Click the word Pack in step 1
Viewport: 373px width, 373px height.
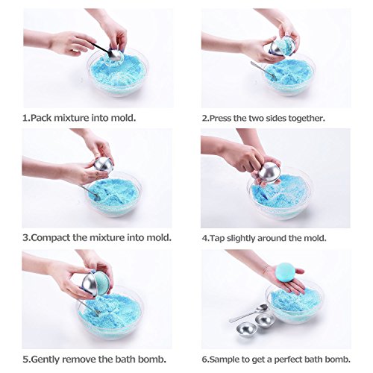point(41,118)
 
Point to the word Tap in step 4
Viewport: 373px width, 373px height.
point(217,238)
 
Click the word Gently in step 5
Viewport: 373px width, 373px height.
point(46,360)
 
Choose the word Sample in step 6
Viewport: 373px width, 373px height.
point(225,360)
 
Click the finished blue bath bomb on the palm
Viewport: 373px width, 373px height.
point(285,273)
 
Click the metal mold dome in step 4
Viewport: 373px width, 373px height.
point(269,172)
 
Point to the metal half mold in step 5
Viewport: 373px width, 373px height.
point(91,285)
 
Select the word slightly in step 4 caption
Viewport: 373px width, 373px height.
point(241,238)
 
